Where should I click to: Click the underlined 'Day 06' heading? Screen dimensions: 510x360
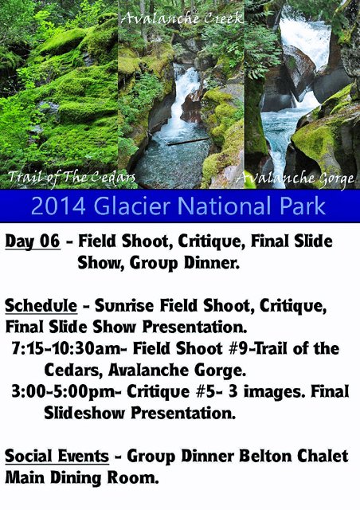[32, 241]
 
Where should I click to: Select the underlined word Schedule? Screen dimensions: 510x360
[41, 306]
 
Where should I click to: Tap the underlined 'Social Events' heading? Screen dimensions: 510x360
[57, 457]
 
